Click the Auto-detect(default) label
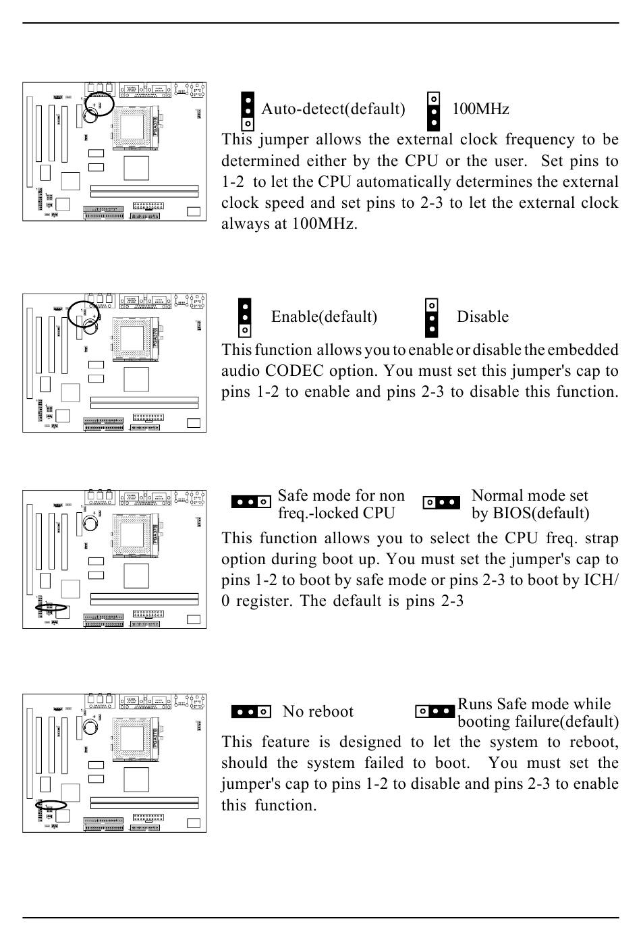click(x=333, y=109)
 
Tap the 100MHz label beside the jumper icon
click(x=480, y=109)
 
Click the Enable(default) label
click(x=324, y=317)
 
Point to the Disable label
click(x=482, y=317)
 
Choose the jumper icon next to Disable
click(x=432, y=319)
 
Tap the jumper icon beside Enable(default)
click(x=245, y=319)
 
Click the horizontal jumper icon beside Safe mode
click(x=251, y=502)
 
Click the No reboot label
click(x=318, y=712)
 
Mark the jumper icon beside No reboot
click(x=251, y=711)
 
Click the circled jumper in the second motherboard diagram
click(x=85, y=313)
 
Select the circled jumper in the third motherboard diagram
click(x=51, y=607)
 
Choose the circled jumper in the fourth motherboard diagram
click(x=51, y=805)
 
